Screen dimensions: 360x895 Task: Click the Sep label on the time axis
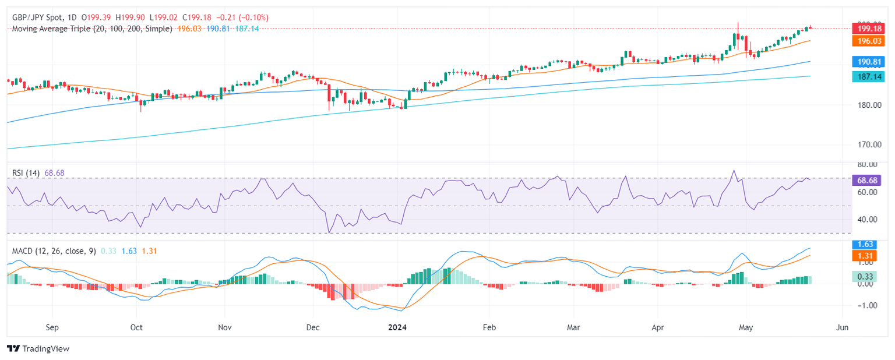pyautogui.click(x=52, y=327)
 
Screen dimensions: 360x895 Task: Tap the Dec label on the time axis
pyautogui.click(x=313, y=327)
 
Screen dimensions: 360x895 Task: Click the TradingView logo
pyautogui.click(x=38, y=348)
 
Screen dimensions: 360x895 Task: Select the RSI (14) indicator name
pyautogui.click(x=26, y=174)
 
